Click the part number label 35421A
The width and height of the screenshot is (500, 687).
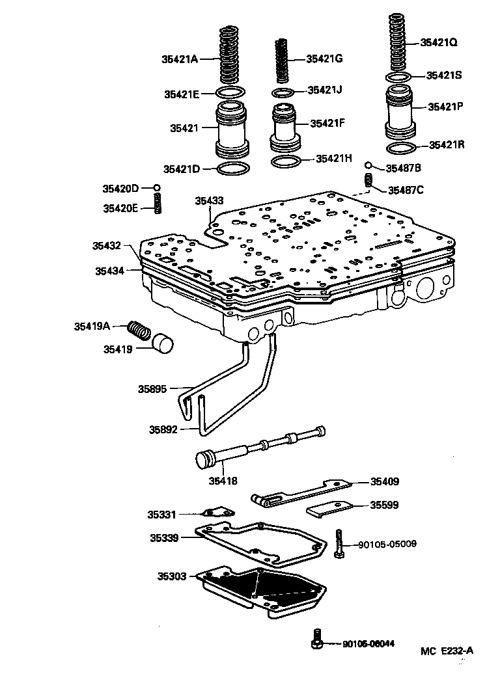[179, 59]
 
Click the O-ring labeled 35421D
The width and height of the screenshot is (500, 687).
[233, 169]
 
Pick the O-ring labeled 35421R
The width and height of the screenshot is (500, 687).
[401, 149]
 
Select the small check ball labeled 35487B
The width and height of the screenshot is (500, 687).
[368, 166]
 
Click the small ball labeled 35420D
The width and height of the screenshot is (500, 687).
[157, 189]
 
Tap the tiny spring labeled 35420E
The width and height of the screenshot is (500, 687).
[157, 204]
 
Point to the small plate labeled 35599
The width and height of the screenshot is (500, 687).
[329, 508]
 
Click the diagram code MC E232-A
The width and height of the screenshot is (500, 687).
[447, 650]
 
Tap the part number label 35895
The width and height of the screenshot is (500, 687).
[152, 389]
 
